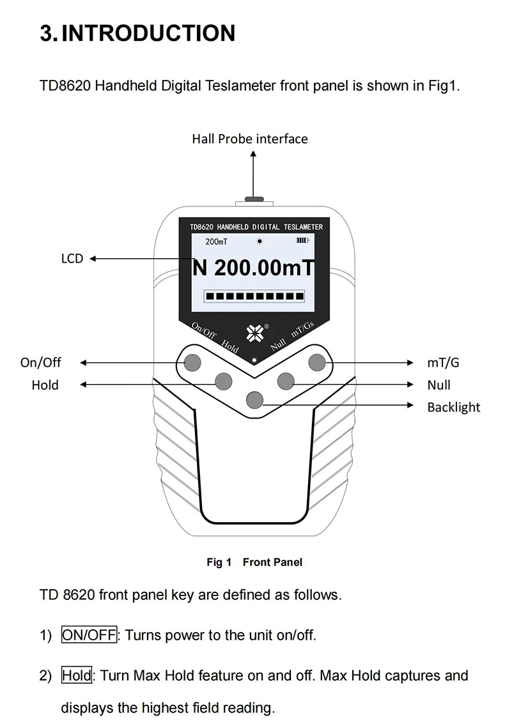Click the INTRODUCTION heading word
pos(148,33)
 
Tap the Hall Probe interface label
pos(249,139)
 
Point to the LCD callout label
pos(72,259)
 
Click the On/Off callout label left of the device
pos(41,362)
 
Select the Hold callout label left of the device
pos(45,385)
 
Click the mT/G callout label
pos(443,362)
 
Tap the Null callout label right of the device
pos(438,385)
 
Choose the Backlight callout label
pos(453,407)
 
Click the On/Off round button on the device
pos(192,363)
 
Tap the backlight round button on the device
pos(254,399)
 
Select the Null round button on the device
pos(285,381)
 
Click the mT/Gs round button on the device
pos(317,363)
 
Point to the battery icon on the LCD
pos(302,241)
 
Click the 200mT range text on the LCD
pos(216,242)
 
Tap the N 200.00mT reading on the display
pos(254,268)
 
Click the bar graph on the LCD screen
pos(254,296)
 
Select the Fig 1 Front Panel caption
pos(254,562)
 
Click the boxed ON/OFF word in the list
pos(89,635)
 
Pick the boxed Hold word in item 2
pos(77,675)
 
